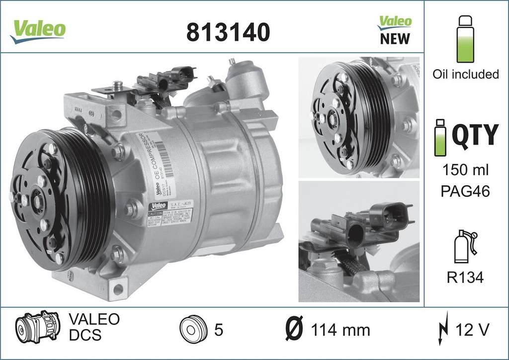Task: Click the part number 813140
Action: [x=228, y=32]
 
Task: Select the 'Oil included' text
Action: [x=465, y=74]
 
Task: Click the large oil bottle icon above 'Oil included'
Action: [x=465, y=38]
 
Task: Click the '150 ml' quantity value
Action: [x=465, y=170]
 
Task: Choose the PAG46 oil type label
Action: [x=465, y=191]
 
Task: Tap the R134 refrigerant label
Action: [x=465, y=277]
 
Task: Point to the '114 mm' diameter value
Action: [x=340, y=330]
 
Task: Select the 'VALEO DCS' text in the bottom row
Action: [x=93, y=327]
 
